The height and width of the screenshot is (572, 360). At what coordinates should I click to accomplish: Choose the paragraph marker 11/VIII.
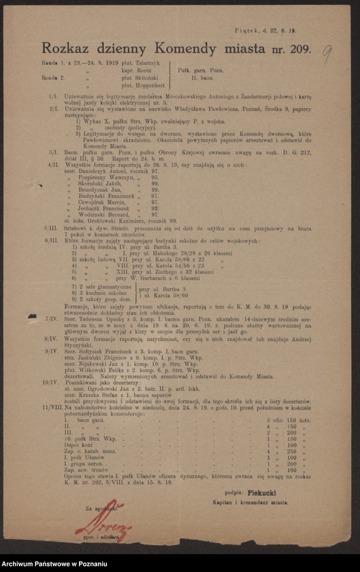(52, 387)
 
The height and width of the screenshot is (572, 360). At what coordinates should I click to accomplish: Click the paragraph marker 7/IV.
(49, 318)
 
